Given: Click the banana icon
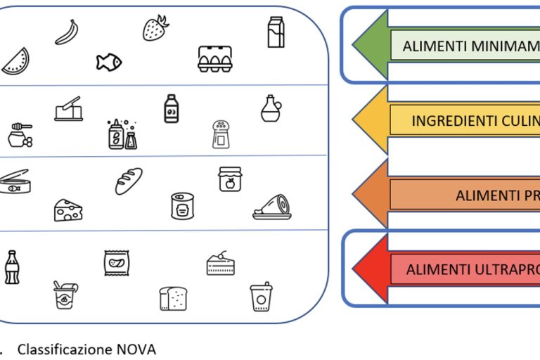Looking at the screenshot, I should point(66,32).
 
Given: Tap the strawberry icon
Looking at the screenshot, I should point(155,27).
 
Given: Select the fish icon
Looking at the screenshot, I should point(108,62).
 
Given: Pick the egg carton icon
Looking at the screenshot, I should point(214,59).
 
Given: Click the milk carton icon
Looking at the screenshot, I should point(276,32).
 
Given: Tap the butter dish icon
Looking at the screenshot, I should point(68,109).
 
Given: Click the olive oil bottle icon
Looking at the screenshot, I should point(271,109).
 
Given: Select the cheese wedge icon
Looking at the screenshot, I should point(68,210).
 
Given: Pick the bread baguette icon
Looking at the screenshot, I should point(129,181).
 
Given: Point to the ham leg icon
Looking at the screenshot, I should point(271,206).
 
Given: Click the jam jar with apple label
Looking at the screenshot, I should point(230,179).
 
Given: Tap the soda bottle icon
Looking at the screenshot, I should point(11,267).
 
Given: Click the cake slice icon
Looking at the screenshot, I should point(220,263).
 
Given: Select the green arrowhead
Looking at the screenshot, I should point(370,45).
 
